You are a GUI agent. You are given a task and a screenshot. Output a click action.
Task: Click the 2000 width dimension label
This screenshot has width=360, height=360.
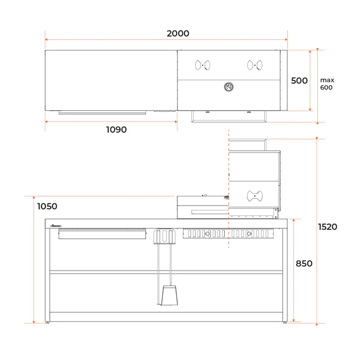[178, 34]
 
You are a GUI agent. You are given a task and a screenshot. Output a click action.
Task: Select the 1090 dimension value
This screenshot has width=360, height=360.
[116, 130]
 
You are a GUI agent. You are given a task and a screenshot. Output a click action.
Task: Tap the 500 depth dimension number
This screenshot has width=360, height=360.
[299, 81]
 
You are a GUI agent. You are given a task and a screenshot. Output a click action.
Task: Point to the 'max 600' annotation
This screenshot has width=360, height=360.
[327, 84]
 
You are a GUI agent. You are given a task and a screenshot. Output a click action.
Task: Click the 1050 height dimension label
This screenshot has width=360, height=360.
[47, 206]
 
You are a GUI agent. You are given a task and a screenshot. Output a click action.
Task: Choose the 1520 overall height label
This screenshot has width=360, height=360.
[328, 227]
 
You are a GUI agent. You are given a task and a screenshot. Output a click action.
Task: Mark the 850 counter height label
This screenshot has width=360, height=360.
[304, 263]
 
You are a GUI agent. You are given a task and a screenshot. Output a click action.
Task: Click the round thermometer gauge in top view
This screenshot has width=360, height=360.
[229, 87]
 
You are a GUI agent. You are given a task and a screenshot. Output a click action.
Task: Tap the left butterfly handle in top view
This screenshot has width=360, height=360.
[202, 65]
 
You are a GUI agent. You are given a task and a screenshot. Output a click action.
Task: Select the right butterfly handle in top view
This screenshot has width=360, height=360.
[255, 65]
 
